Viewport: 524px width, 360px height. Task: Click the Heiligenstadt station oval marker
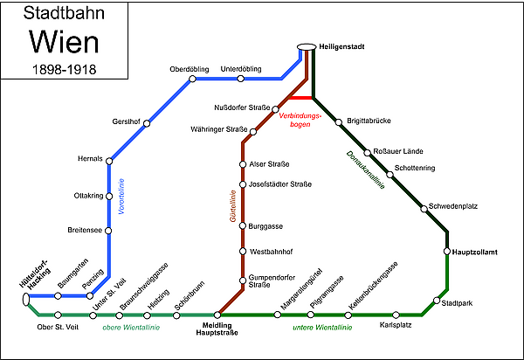pos(307,47)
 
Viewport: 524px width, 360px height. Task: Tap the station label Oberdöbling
pos(190,69)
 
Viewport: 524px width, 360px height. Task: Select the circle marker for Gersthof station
pos(147,124)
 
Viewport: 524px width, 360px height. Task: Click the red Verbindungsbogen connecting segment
pos(300,98)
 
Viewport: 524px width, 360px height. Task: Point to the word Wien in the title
pos(64,42)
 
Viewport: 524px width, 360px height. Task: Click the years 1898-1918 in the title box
pos(64,70)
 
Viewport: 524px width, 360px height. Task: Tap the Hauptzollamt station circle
pos(447,251)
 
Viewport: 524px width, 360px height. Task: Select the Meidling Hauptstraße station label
pos(217,329)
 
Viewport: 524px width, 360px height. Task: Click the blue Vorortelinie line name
pos(121,197)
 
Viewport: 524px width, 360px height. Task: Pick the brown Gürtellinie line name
pos(233,206)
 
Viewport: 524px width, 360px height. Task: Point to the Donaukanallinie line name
pos(365,170)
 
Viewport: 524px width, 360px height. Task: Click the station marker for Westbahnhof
pos(243,252)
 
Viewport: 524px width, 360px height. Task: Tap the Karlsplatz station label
pos(396,325)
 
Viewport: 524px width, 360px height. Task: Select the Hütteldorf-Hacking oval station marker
pos(26,299)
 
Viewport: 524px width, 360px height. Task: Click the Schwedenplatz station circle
pos(424,209)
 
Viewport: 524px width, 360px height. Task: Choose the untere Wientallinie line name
pos(322,328)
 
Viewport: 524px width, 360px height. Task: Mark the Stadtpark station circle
pos(437,301)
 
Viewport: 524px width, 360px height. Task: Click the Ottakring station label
pos(88,196)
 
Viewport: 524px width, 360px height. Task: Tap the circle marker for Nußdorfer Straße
pos(275,109)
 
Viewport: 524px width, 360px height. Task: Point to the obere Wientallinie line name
pos(131,328)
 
